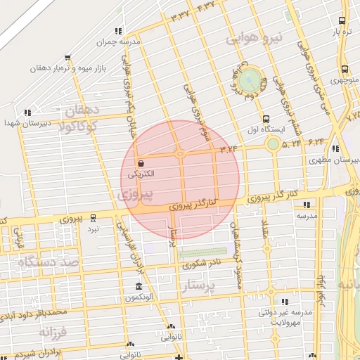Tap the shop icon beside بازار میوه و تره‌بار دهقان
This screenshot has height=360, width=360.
(67, 58)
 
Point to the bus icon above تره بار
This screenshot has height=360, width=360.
(342, 21)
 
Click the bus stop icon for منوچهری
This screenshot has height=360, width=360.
(344, 69)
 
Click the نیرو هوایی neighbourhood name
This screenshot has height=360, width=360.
(251, 37)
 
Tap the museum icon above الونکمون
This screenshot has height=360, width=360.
(139, 287)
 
